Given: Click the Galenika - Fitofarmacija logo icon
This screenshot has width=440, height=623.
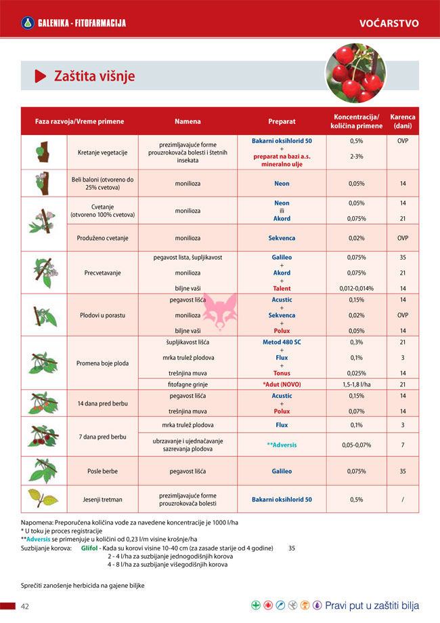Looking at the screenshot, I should [x=27, y=24].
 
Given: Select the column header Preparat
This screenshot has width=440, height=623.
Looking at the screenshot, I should [x=282, y=121].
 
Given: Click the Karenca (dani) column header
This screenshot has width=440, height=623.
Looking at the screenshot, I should [x=403, y=121].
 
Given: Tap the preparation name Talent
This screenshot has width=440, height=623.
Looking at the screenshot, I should [x=282, y=288].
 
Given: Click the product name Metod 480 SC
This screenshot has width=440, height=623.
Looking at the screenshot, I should [x=282, y=342].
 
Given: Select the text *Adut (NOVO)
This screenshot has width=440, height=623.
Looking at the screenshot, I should [x=282, y=384].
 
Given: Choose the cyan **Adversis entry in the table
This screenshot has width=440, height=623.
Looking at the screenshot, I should [x=282, y=445].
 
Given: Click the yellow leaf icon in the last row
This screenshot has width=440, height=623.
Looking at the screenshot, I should [x=43, y=499].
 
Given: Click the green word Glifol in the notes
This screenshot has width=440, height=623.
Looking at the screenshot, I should [x=90, y=548].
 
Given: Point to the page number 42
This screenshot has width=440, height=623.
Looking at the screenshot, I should [x=24, y=605].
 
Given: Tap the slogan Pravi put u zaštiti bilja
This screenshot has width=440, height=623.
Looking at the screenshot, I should [x=372, y=605].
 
